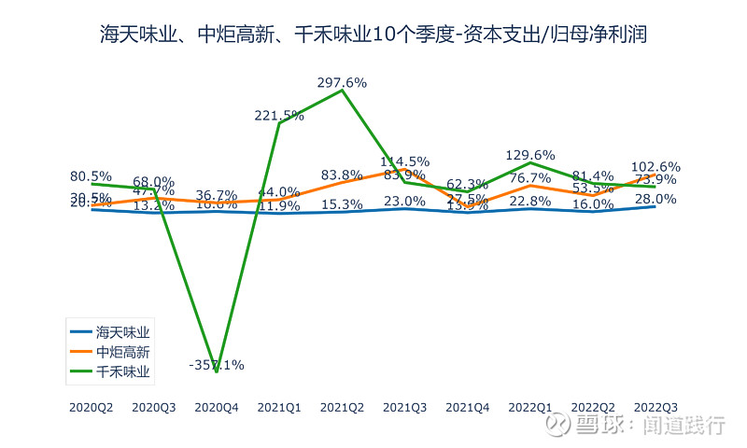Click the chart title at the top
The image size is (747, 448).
pyautogui.click(x=373, y=35)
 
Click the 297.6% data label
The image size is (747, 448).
pyautogui.click(x=342, y=82)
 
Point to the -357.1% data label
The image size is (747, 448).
pyautogui.click(x=217, y=365)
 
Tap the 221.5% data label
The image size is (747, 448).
pyautogui.click(x=279, y=116)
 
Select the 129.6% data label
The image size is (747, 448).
pyautogui.click(x=530, y=155)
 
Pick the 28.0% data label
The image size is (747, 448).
pyautogui.click(x=655, y=199)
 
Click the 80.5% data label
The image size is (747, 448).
pyautogui.click(x=92, y=175)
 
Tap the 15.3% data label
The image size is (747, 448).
pyautogui.click(x=342, y=204)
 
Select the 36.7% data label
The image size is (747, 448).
pyautogui.click(x=217, y=196)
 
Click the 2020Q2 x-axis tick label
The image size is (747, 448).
pyautogui.click(x=92, y=407)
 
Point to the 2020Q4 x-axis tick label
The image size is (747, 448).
pyautogui.click(x=217, y=407)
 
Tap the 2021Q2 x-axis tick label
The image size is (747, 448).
pyautogui.click(x=342, y=407)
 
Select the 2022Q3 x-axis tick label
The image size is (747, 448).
pyautogui.click(x=655, y=407)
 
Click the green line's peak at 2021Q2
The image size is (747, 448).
pyautogui.click(x=342, y=91)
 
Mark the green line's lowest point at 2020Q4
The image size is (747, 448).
pyautogui.click(x=217, y=371)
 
